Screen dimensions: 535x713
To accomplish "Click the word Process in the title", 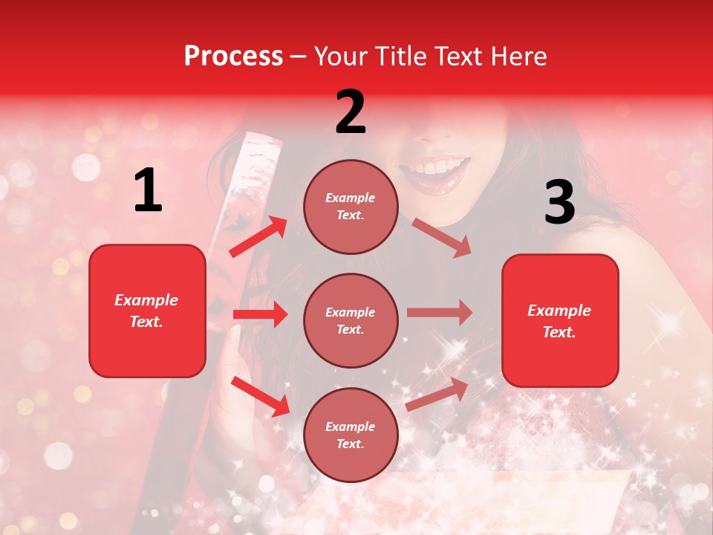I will [x=233, y=56].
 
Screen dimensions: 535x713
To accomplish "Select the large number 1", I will [x=148, y=191].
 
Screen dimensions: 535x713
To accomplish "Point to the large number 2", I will [x=351, y=112].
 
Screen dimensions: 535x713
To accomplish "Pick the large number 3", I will [x=559, y=202].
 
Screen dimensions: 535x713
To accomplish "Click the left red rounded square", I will [x=147, y=311].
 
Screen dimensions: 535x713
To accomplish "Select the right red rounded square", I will [x=560, y=320].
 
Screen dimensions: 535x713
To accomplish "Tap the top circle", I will [x=351, y=206].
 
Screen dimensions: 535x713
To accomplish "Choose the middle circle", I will [x=351, y=320].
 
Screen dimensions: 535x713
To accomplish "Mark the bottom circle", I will [x=351, y=435].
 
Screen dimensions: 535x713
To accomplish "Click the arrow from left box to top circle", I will [x=258, y=237].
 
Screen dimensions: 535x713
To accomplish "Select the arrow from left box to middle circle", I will [x=260, y=314].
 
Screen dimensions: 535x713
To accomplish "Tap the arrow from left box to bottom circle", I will [x=260, y=395].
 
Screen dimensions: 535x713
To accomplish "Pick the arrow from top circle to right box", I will [x=442, y=237].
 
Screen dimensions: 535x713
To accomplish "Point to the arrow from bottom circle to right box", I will [x=437, y=394].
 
